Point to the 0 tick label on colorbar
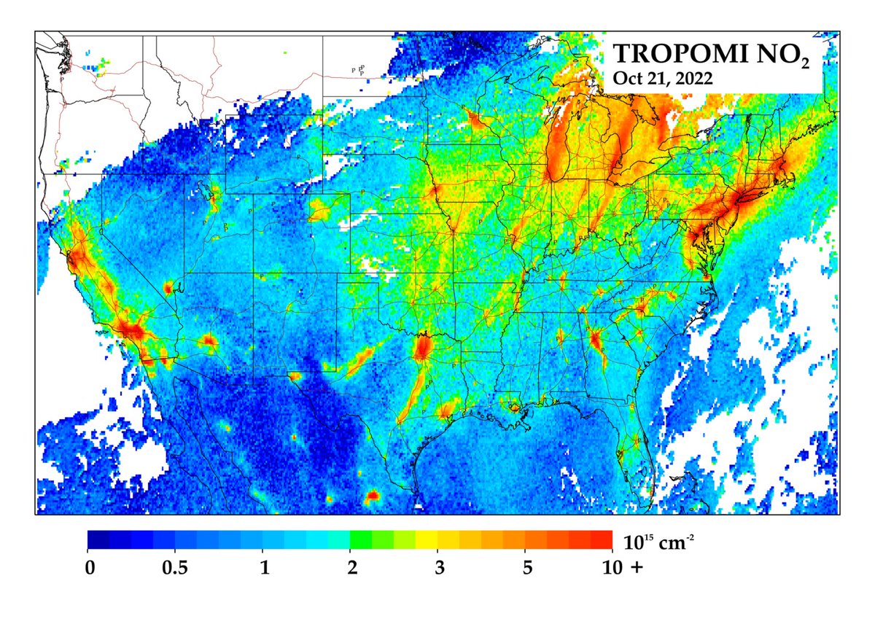tap(88, 567)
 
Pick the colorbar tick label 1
tap(263, 567)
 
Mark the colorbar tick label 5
tap(526, 567)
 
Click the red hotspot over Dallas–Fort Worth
tap(422, 348)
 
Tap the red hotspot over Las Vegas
tap(170, 288)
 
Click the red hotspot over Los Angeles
tap(131, 329)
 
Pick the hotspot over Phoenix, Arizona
tap(209, 340)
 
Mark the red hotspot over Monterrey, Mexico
tap(373, 496)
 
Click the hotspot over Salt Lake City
tap(214, 195)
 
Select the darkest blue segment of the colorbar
tap(98, 539)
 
